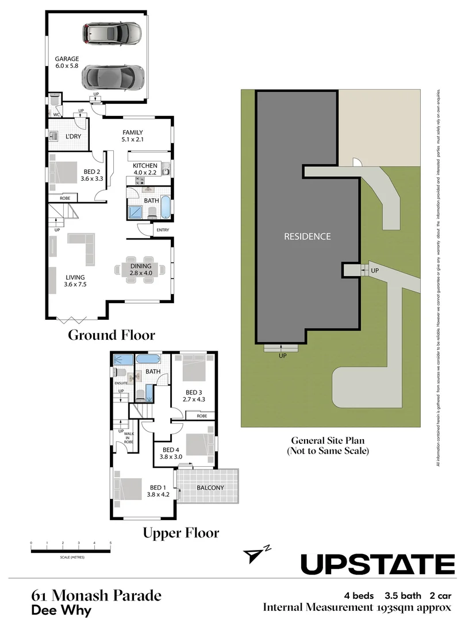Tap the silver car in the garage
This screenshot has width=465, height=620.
[113, 34]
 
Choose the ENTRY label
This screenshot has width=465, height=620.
[162, 230]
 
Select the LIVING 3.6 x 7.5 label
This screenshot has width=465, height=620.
[75, 280]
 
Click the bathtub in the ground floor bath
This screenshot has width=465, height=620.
[165, 208]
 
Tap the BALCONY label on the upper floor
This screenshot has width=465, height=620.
[210, 488]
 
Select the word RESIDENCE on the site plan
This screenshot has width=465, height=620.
[308, 236]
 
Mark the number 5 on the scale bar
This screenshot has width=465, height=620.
[110, 542]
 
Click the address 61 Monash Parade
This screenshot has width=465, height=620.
[96, 595]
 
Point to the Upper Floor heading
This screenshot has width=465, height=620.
[180, 533]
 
